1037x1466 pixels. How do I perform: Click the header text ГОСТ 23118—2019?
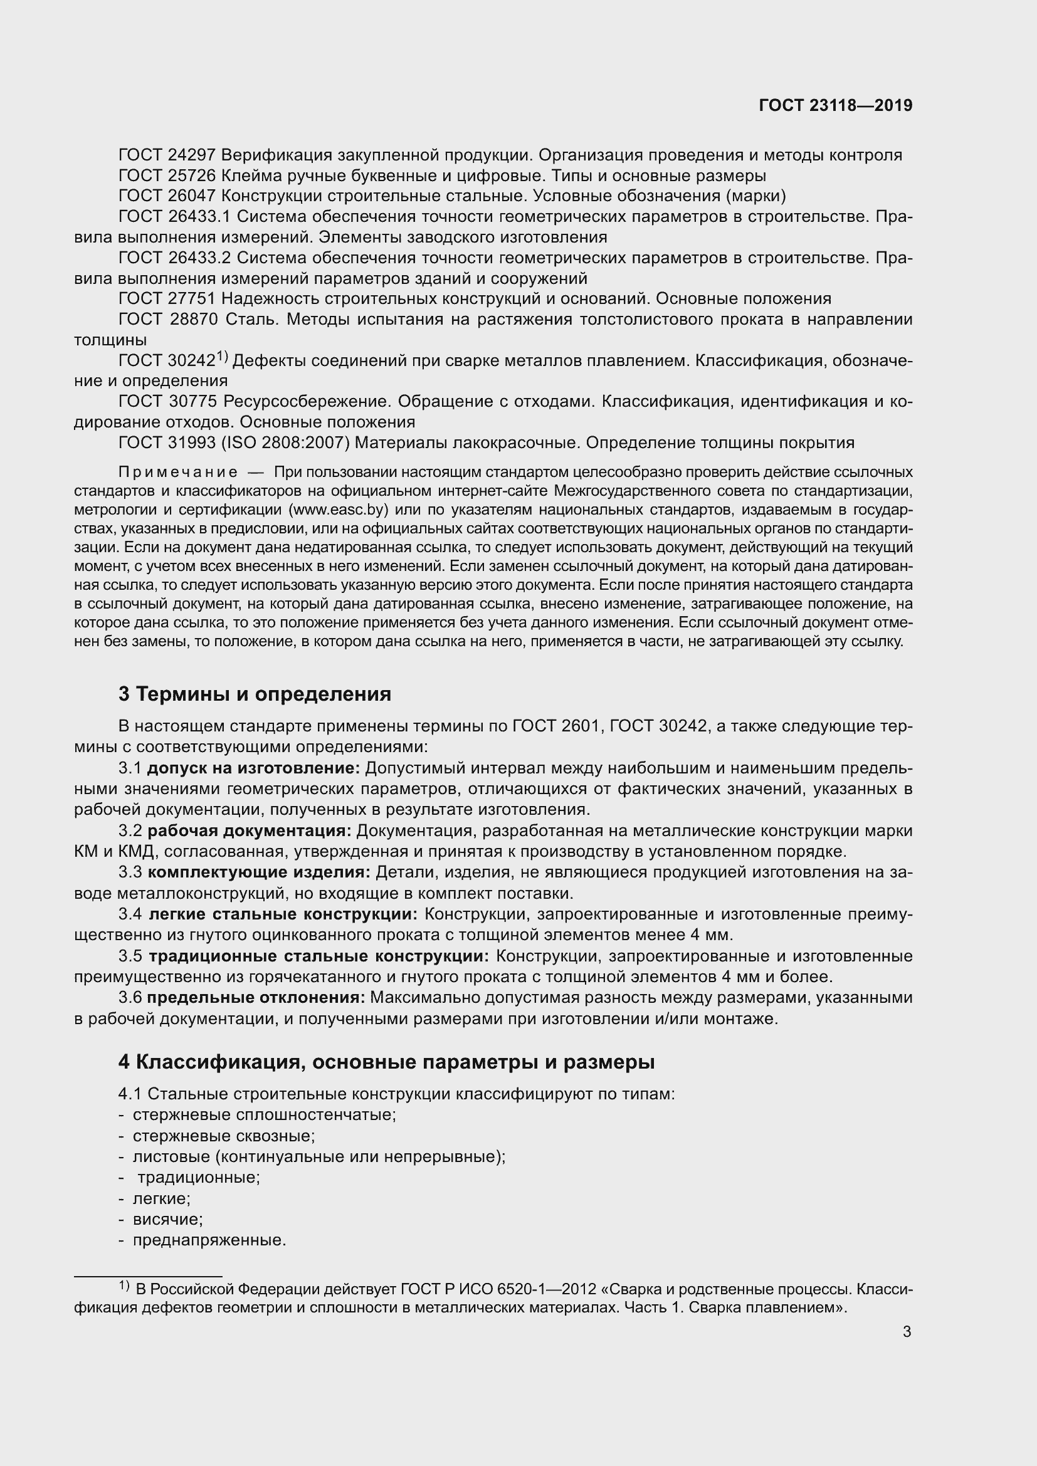835,106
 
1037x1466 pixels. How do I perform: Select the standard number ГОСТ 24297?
167,155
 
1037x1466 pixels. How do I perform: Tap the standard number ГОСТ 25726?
167,175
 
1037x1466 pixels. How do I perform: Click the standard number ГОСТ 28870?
167,319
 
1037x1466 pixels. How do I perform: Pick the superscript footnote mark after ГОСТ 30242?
221,356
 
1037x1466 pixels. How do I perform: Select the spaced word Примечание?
178,473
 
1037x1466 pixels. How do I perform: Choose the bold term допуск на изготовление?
253,768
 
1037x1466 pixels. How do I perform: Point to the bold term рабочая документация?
249,830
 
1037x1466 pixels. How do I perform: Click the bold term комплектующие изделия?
258,872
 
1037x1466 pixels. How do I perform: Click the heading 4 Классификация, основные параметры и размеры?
386,1062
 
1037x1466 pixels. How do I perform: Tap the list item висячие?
167,1220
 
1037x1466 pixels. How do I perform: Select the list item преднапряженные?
209,1240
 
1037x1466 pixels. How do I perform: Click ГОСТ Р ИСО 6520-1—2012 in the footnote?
497,1289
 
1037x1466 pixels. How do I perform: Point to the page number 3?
907,1332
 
